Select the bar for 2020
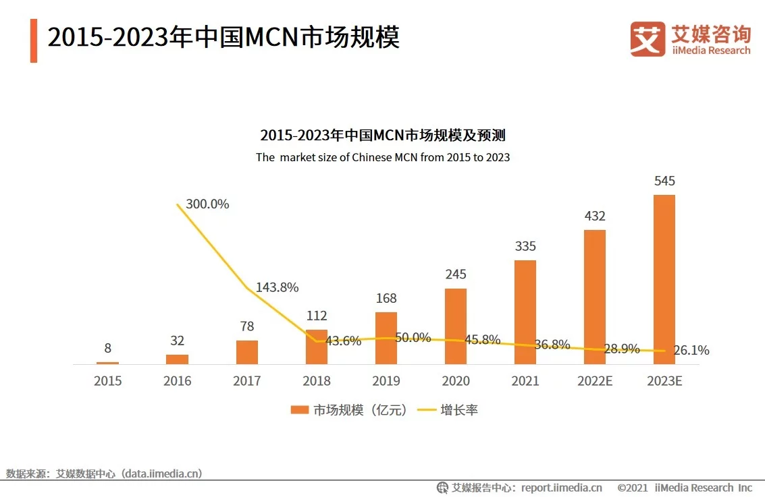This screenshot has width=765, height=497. click(x=455, y=326)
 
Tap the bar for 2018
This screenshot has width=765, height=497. click(x=316, y=347)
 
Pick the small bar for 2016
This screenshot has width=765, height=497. click(x=177, y=359)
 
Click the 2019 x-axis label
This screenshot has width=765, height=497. click(x=386, y=381)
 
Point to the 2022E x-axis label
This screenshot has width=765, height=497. click(x=594, y=381)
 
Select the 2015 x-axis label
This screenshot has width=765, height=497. click(x=108, y=381)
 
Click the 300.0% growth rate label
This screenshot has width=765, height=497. click(x=207, y=204)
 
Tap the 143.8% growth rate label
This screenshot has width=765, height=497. click(x=277, y=287)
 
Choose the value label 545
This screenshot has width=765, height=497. click(x=664, y=181)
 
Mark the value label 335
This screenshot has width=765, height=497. click(x=525, y=246)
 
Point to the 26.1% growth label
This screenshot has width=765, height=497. click(x=691, y=351)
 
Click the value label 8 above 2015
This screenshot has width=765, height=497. click(x=108, y=349)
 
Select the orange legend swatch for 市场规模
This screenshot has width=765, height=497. click(x=300, y=409)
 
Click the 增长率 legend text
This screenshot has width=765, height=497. click(x=459, y=409)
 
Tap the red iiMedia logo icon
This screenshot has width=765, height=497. click(x=648, y=38)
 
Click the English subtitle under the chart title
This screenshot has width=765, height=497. click(x=382, y=157)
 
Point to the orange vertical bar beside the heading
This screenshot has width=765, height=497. click(x=34, y=41)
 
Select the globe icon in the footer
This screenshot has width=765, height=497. click(x=443, y=488)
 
